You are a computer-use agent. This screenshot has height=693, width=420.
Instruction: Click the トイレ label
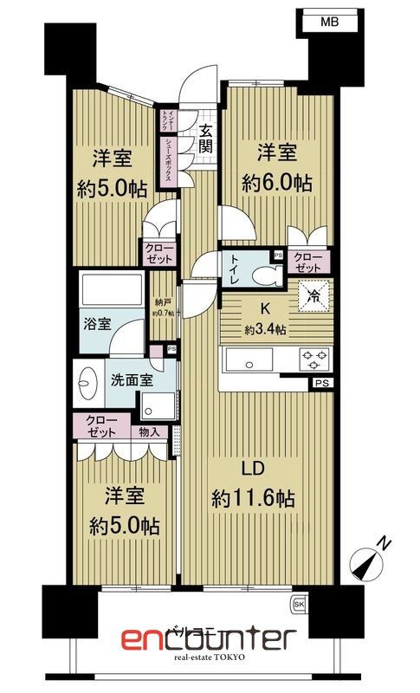point(235,269)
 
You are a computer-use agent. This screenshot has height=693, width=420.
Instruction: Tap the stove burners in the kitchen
point(312,357)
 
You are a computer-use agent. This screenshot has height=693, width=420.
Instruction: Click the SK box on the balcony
point(300,602)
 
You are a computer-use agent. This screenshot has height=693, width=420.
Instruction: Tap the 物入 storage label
point(149,431)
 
